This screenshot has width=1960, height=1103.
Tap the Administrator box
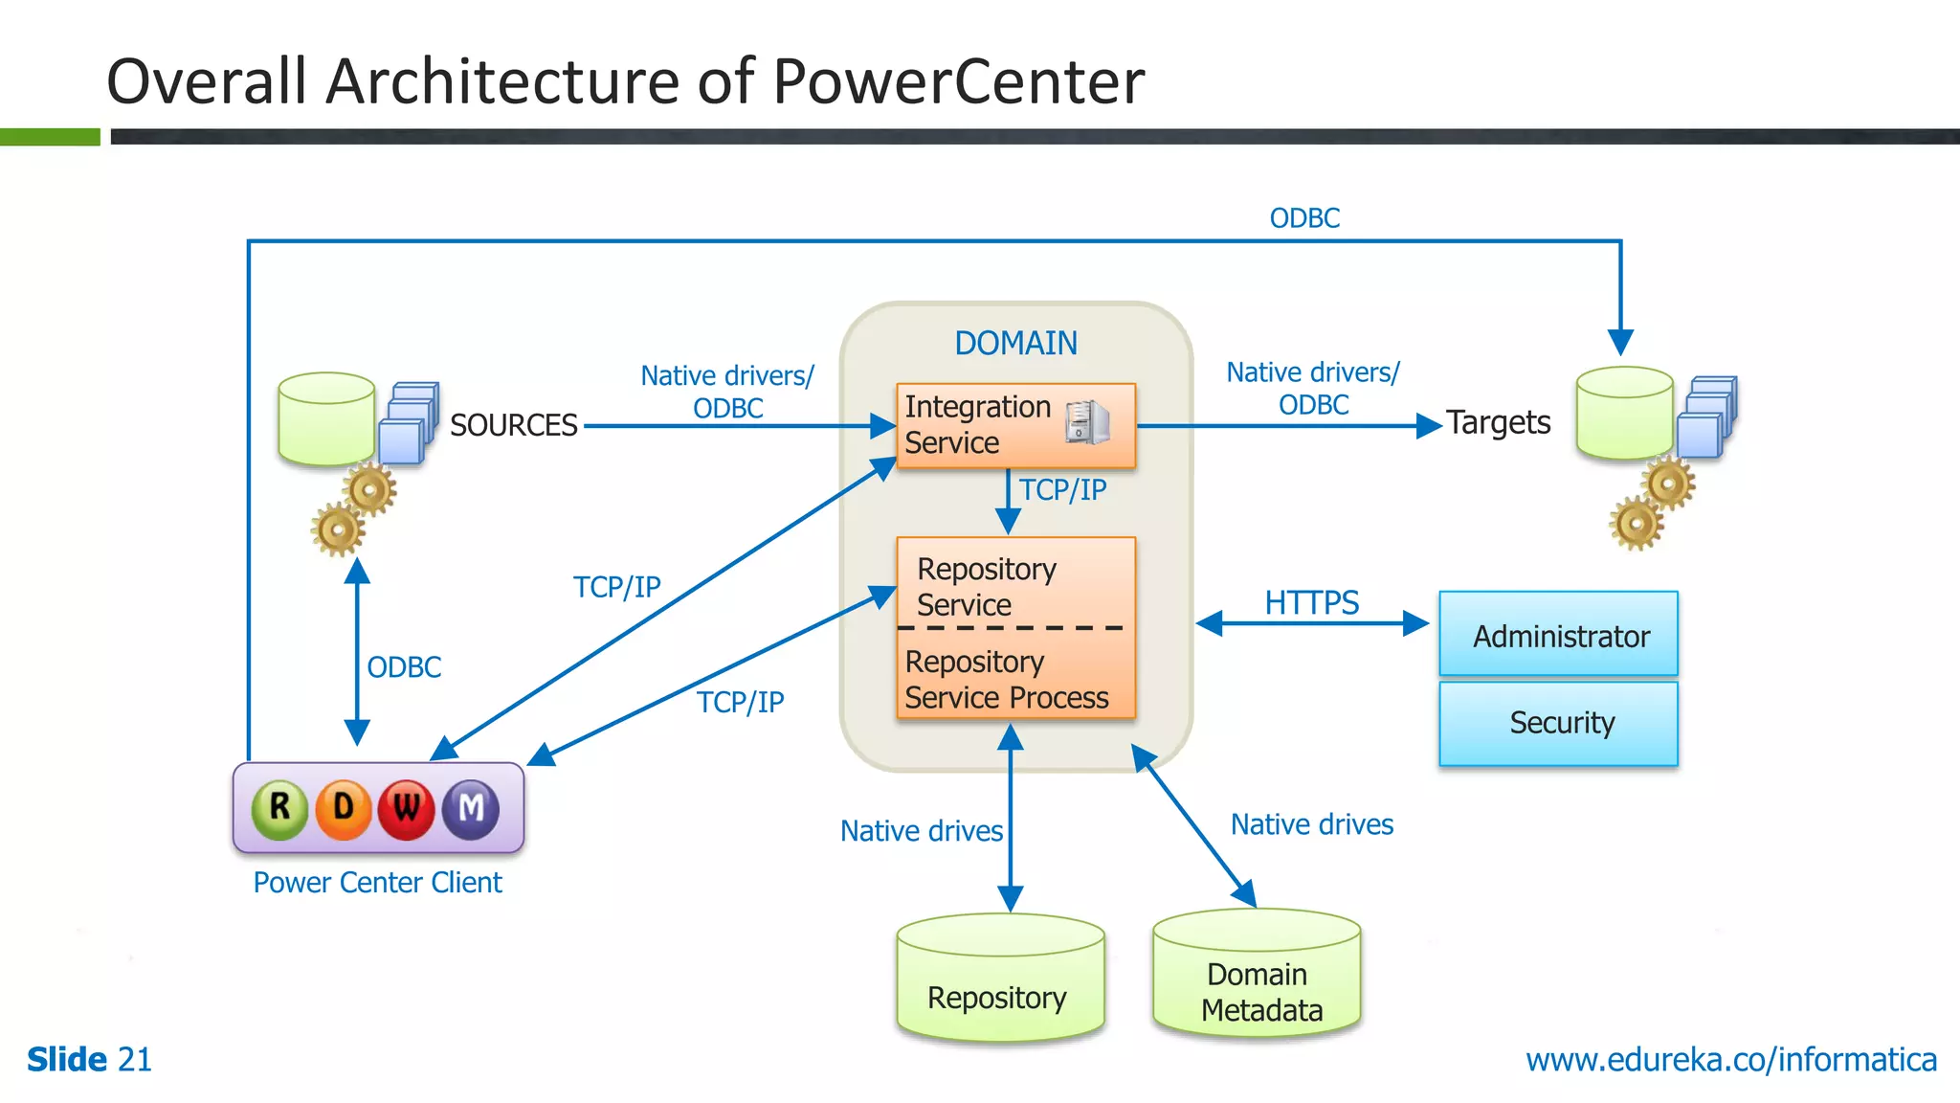click(x=1559, y=635)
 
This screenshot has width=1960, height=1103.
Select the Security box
click(x=1559, y=723)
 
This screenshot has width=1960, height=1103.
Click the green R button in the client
click(x=279, y=808)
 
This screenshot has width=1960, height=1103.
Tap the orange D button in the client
click(x=343, y=809)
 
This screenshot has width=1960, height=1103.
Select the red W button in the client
click(x=407, y=809)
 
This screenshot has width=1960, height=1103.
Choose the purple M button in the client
click(x=471, y=809)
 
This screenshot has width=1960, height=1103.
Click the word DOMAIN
click(x=1015, y=343)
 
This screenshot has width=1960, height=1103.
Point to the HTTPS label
click(x=1311, y=602)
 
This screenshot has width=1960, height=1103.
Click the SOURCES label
click(x=514, y=425)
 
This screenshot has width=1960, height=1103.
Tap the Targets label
click(x=1498, y=422)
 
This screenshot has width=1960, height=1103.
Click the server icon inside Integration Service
click(x=1088, y=422)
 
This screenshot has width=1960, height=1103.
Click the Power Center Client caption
click(x=377, y=882)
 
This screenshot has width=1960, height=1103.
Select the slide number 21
click(x=134, y=1060)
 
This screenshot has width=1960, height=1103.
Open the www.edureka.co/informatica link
click(x=1730, y=1060)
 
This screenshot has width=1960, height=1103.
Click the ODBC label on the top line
click(x=1303, y=218)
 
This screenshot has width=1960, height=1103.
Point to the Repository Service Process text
click(x=1006, y=680)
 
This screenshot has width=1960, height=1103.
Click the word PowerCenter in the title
click(x=958, y=81)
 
